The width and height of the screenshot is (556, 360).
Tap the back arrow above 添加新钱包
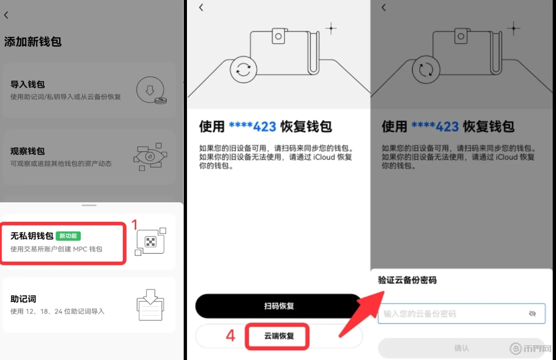(6, 15)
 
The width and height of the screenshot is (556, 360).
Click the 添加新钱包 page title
(33, 42)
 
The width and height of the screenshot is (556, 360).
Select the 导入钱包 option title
(28, 84)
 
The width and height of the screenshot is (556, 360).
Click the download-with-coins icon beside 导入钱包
(151, 90)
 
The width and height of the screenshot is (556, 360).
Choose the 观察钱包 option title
(28, 151)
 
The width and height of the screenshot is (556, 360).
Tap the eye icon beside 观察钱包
(150, 157)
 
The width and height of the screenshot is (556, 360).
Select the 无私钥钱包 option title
(32, 236)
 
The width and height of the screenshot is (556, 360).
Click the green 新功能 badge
(68, 236)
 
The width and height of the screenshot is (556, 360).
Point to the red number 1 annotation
(135, 225)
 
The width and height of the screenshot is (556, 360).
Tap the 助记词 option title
(23, 299)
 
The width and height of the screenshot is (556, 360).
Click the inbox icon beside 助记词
(150, 305)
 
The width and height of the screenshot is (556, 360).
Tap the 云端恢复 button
(279, 336)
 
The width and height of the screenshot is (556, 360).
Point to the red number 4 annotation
(230, 336)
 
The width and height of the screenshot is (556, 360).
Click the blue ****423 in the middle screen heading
(252, 126)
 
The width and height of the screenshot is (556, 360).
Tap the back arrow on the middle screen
(201, 7)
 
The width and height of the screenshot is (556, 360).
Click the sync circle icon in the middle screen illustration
(243, 70)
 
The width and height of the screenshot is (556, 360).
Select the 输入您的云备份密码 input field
(461, 313)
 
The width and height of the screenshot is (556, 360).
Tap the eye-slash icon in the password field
(532, 313)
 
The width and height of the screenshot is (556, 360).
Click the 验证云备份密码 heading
(407, 280)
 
